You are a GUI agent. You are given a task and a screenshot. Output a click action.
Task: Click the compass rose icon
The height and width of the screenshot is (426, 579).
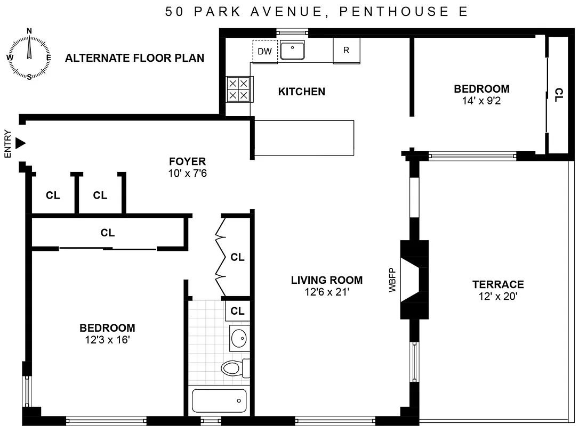(29, 54)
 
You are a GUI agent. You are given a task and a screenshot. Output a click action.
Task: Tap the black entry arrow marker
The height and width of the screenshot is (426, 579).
(20, 143)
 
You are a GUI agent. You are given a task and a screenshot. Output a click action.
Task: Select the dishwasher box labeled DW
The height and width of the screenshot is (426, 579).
(264, 51)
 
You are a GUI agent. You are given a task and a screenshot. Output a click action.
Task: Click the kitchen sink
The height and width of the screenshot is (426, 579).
(293, 50)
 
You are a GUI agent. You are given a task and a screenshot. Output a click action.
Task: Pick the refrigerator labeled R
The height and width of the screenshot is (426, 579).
(346, 51)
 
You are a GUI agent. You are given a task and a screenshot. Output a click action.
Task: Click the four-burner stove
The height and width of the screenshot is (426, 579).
(238, 89)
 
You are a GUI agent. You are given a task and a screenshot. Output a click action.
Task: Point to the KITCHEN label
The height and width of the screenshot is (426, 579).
(301, 92)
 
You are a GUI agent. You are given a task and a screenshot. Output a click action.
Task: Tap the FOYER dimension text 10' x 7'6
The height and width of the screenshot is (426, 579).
(187, 173)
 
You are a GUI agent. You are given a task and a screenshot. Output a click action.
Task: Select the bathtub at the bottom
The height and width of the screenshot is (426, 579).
(220, 400)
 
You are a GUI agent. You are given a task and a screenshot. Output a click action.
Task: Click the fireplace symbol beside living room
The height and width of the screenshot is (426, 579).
(415, 280)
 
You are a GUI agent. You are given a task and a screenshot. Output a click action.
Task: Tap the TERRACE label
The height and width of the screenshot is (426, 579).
(498, 284)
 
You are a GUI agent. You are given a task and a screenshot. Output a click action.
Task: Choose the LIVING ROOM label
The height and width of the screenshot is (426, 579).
(327, 280)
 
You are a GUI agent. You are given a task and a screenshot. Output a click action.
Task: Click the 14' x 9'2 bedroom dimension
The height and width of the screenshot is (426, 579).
(481, 100)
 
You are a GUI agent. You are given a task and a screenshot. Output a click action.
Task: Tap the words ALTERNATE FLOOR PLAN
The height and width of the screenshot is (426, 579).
(134, 58)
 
